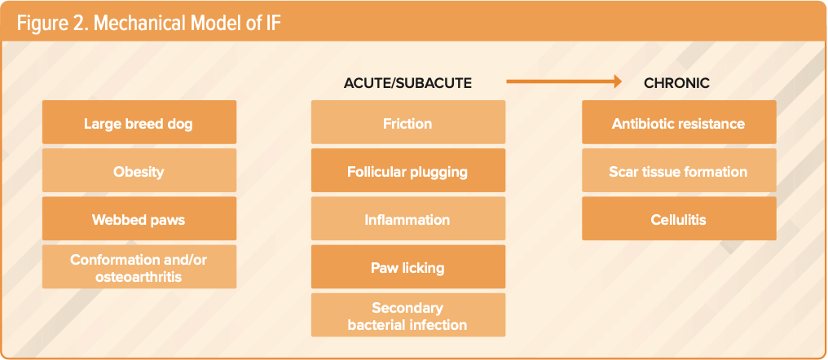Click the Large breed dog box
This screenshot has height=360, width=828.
pos(139,122)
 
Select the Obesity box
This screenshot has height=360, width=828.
pos(139,170)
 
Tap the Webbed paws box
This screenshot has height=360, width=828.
pos(139,218)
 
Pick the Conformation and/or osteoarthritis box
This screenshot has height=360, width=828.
pos(139,266)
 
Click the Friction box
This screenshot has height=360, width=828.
pos(408,122)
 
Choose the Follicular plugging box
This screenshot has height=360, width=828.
pos(408,170)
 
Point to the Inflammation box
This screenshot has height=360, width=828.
pos(408,218)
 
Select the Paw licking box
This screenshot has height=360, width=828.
pos(408,266)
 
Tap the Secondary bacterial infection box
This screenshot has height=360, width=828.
pos(408,315)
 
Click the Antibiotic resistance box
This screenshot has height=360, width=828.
pos(679,122)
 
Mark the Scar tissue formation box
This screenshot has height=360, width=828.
pos(679,170)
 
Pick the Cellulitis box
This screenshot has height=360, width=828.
pos(679,218)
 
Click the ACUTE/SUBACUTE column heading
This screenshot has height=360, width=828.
pos(407,83)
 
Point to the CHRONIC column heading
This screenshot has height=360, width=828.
pos(676,83)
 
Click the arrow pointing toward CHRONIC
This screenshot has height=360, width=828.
pos(564,81)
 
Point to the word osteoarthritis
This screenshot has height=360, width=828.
pos(139,277)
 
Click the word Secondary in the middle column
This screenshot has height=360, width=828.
pos(407,308)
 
